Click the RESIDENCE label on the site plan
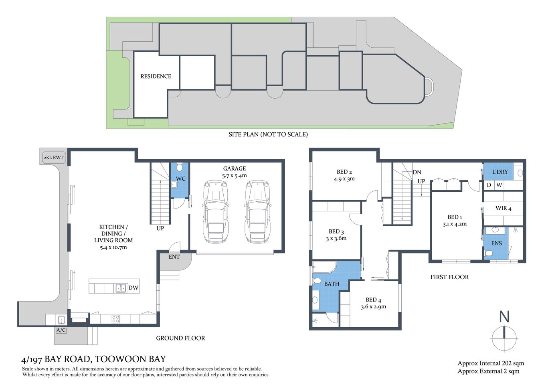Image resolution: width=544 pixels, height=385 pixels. [x=156, y=76]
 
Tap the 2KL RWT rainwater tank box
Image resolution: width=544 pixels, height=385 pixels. [x=53, y=157]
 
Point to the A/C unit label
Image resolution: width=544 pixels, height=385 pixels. [x=61, y=330]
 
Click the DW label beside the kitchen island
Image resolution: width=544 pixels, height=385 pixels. [x=133, y=288]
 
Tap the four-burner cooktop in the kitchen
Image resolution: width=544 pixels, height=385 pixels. [x=115, y=319]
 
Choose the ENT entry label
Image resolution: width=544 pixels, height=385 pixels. [x=174, y=257]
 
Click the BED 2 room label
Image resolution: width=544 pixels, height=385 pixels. [x=344, y=172]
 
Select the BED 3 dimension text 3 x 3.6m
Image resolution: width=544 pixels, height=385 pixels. [x=336, y=238]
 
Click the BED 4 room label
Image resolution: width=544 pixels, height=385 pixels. [x=373, y=300]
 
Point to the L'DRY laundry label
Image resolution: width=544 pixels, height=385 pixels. [x=500, y=172]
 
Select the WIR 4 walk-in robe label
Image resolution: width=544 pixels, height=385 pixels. [x=503, y=208]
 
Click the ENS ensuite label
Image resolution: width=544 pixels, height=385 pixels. [x=496, y=243]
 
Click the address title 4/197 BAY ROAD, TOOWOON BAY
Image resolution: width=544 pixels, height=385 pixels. [x=93, y=359]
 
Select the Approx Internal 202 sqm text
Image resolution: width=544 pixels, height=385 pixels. [x=491, y=363]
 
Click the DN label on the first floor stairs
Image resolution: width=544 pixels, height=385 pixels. [x=417, y=172]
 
